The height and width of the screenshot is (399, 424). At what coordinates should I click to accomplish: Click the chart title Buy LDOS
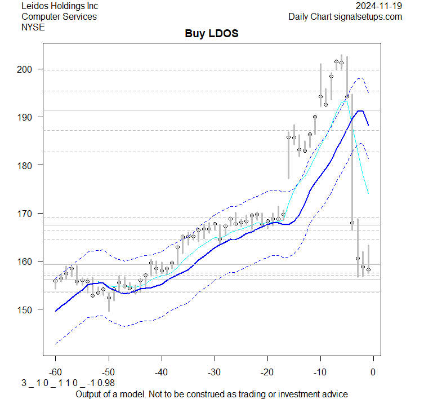click(x=212, y=34)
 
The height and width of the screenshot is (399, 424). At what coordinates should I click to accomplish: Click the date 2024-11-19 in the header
click(x=379, y=6)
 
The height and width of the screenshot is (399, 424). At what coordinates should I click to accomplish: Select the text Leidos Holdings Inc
click(x=59, y=6)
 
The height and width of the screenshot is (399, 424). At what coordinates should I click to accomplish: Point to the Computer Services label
click(x=59, y=16)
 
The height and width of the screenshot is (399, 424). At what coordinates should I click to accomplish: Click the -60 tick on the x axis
click(x=55, y=372)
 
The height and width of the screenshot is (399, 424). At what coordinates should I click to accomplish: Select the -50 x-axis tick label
click(x=108, y=372)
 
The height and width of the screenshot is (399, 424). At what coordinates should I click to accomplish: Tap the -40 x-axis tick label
click(x=161, y=372)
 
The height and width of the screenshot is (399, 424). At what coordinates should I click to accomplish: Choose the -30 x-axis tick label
click(x=214, y=372)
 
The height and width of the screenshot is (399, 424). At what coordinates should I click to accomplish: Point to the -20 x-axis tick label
click(x=267, y=372)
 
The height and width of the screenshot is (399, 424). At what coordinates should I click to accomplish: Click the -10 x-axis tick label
click(x=320, y=372)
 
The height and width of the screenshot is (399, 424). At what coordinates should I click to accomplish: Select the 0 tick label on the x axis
click(x=373, y=372)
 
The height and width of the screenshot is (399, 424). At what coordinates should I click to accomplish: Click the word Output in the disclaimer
click(x=90, y=394)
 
